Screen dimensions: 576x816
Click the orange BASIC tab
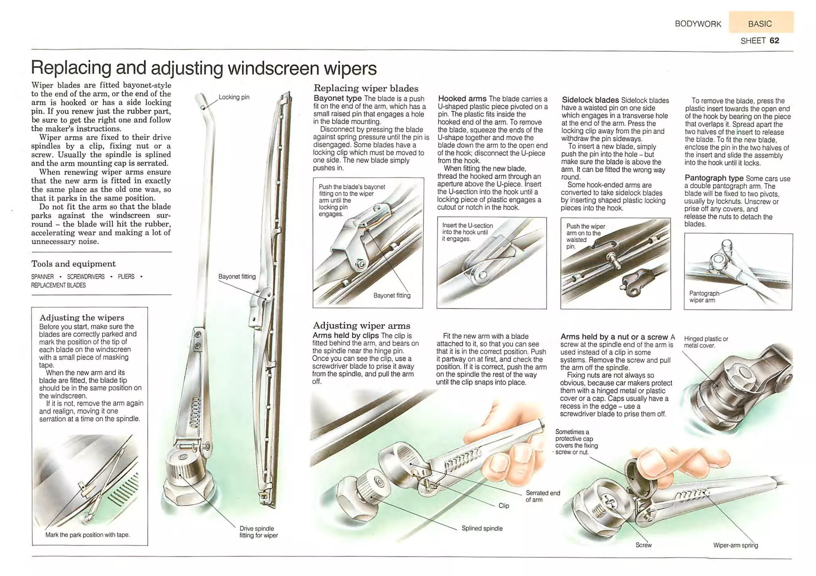click(760, 23)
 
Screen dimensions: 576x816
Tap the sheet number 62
click(774, 41)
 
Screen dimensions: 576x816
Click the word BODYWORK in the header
click(698, 24)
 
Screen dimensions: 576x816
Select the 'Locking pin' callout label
click(234, 97)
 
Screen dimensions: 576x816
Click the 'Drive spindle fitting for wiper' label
click(258, 532)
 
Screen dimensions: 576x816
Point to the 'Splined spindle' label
click(482, 529)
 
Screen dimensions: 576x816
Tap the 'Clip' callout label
click(504, 506)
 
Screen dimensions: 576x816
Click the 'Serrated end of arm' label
click(542, 496)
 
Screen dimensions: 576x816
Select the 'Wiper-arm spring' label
click(735, 545)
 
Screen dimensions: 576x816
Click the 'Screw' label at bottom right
click(643, 545)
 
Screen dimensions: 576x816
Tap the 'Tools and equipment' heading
click(73, 264)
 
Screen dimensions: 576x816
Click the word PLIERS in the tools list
click(126, 277)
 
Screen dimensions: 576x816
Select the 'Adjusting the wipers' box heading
click(82, 318)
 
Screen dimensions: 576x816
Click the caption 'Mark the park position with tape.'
click(88, 535)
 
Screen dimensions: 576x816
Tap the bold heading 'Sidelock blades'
click(590, 100)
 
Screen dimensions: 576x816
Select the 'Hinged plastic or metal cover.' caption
click(706, 342)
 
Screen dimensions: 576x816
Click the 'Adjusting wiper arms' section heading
click(361, 326)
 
